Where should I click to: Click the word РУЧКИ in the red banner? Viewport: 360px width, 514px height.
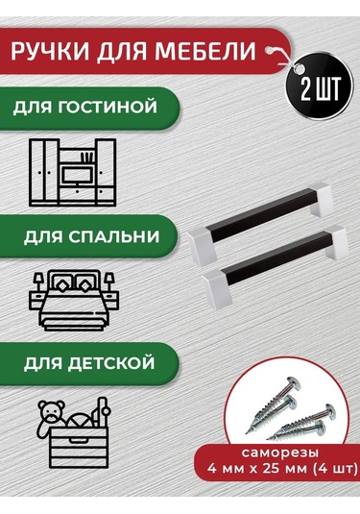coord(50,51)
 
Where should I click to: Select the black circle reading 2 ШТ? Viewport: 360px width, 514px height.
coord(320,88)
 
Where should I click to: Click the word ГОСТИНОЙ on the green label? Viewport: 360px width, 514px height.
coord(108,107)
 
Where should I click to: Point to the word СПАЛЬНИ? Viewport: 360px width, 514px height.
coord(114,236)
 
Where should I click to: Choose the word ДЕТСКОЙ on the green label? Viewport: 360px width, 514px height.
coord(111,363)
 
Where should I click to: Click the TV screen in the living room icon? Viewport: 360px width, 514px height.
coord(79,175)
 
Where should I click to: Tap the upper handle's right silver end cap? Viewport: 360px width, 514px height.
coord(320,199)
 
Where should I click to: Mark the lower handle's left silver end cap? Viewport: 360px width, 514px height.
coord(217,287)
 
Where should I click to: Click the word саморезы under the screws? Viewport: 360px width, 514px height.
coord(280,453)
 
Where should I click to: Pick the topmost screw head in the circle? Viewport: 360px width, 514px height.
coord(292,383)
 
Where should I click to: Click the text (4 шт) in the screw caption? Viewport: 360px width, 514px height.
coord(335,469)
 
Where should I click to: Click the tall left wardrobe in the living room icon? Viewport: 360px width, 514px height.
coord(44,172)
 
